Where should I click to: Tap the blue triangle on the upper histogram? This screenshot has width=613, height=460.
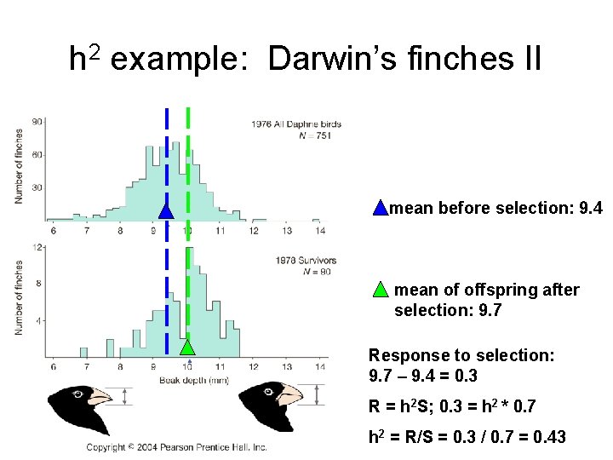point(167,210)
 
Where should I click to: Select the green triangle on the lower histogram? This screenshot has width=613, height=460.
point(187,346)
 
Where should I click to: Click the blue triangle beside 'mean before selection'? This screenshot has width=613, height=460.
point(381,208)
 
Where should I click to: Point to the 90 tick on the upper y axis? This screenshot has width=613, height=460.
point(37,123)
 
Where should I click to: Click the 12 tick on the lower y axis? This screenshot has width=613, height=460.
point(37,248)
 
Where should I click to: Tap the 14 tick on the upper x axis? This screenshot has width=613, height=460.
point(320,231)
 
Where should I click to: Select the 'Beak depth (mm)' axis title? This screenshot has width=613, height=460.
point(193,379)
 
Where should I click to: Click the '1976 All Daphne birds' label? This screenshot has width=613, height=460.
point(296,124)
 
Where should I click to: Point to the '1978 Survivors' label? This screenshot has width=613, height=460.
point(306,260)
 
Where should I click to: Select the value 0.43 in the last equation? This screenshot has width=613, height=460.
point(550,437)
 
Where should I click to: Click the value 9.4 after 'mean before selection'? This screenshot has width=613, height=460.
point(589,208)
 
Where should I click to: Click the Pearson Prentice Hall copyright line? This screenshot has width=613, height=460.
point(177,446)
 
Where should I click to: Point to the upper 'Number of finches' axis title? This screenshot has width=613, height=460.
point(19,166)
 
